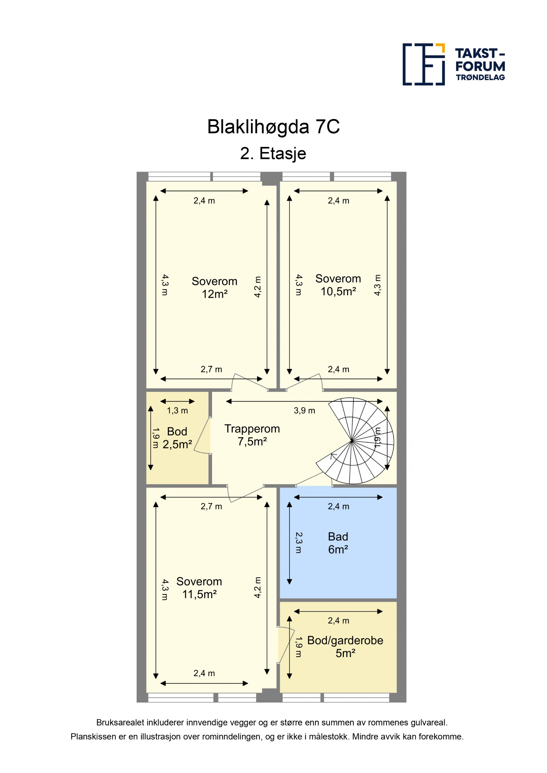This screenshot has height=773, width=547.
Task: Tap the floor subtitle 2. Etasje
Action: [273, 153]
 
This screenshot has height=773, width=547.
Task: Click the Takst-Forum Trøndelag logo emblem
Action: [424, 64]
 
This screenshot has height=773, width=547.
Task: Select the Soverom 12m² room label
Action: [215, 288]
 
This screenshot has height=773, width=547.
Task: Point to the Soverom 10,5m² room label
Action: [338, 285]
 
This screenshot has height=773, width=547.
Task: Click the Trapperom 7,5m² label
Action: [252, 435]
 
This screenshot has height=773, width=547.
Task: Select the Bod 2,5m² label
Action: [177, 438]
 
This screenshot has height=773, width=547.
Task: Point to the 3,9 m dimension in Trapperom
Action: [305, 410]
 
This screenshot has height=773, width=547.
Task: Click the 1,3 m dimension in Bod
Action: [177, 410]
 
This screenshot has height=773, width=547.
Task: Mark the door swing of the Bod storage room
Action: [202, 436]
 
